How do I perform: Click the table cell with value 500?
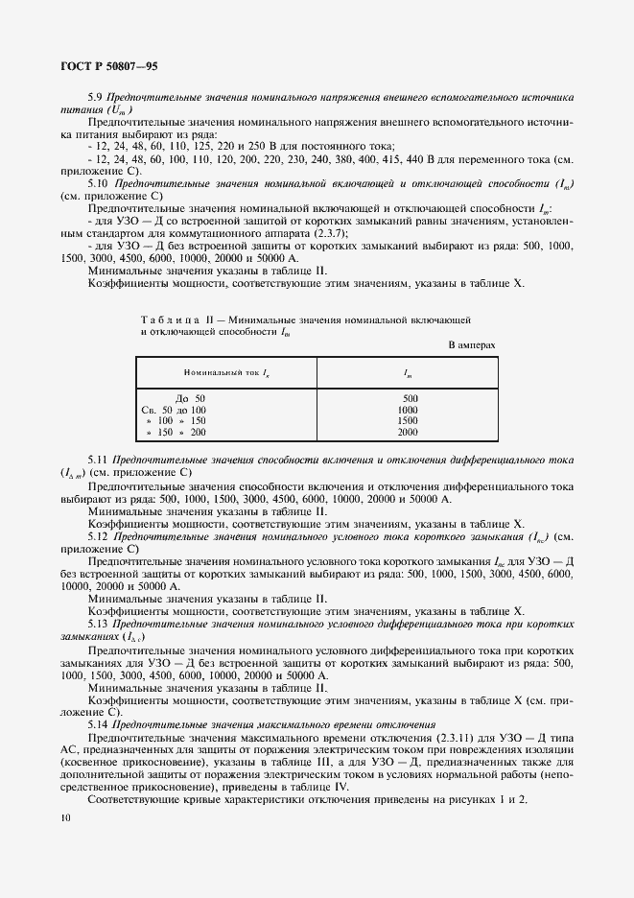point(411,397)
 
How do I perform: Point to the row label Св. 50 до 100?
point(174,410)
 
